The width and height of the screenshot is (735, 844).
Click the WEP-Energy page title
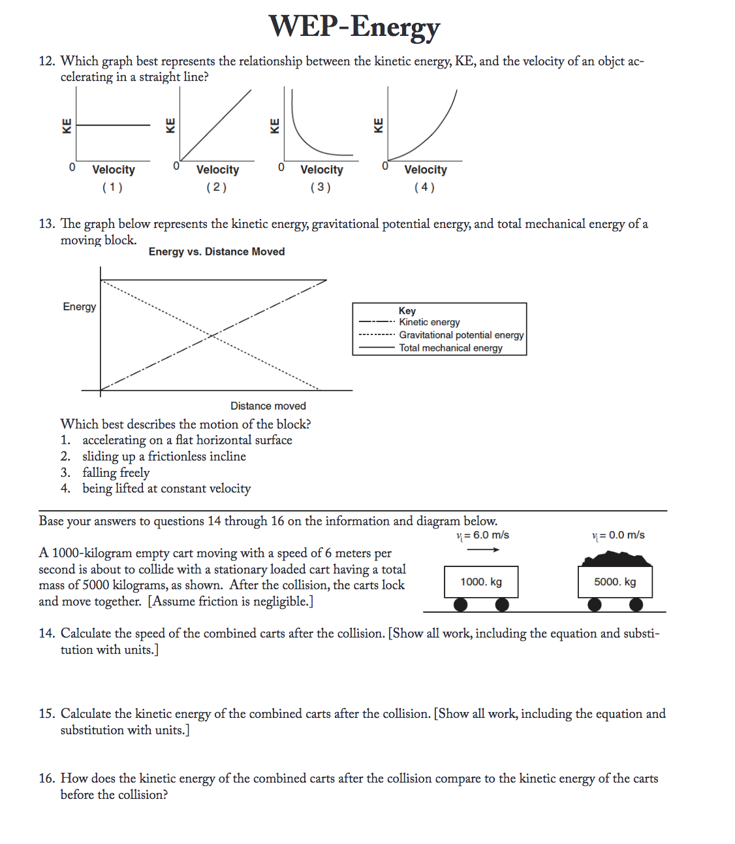354,27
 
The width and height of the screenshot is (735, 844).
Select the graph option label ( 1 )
112,187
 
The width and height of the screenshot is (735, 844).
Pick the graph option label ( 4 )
424,187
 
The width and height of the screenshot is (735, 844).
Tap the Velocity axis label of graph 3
321,170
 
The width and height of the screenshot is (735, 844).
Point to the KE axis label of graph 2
170,125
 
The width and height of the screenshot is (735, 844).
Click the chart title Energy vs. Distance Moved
217,252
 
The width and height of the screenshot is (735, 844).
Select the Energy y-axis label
80,306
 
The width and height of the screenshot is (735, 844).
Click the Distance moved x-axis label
268,406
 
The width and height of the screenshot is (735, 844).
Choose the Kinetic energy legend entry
430,322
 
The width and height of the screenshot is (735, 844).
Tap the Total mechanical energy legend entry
450,348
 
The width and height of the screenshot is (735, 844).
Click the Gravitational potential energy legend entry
461,335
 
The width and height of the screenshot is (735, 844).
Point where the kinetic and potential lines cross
213,335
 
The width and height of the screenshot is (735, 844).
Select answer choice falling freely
116,472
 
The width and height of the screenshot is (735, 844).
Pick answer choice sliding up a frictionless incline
164,456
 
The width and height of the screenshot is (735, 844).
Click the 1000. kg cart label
481,582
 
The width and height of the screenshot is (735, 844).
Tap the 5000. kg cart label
615,582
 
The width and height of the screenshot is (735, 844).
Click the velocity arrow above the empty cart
483,549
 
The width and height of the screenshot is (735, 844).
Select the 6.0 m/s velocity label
483,535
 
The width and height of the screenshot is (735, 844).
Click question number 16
46,779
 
